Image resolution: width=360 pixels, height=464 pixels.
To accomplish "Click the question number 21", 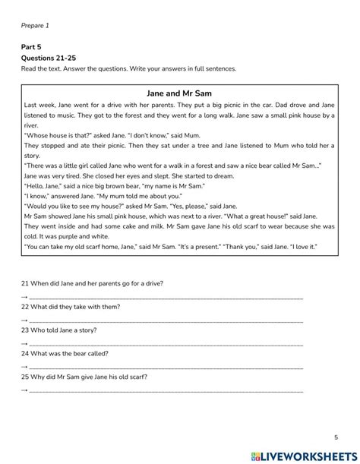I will [25, 283].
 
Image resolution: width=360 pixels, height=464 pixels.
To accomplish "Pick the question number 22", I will [25, 307].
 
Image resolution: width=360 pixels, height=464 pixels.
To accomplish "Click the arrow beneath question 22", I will [24, 320].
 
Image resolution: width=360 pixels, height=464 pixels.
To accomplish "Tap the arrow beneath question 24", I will [24, 367].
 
